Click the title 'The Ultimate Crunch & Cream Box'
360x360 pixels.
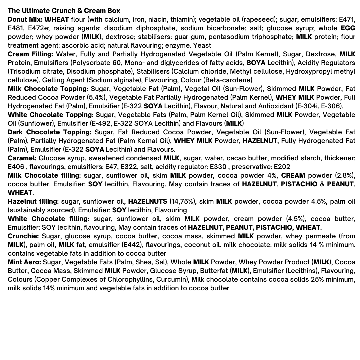(64, 11)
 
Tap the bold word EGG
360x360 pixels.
(348, 28)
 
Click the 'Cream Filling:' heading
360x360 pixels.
(30, 54)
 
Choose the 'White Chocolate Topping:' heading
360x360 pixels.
(50, 115)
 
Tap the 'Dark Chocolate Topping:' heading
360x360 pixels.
(50, 132)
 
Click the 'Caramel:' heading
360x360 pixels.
(22, 158)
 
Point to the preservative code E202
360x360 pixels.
(282, 167)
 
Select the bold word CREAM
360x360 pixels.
(293, 175)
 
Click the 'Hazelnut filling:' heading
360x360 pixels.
(33, 201)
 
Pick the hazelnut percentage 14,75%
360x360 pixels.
(181, 201)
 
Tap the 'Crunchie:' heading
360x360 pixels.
(23, 236)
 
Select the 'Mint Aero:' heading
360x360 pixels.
(24, 262)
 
